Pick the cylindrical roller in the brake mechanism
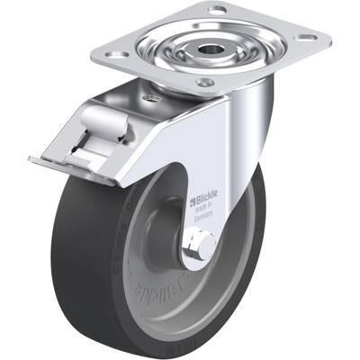coord(94,122)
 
